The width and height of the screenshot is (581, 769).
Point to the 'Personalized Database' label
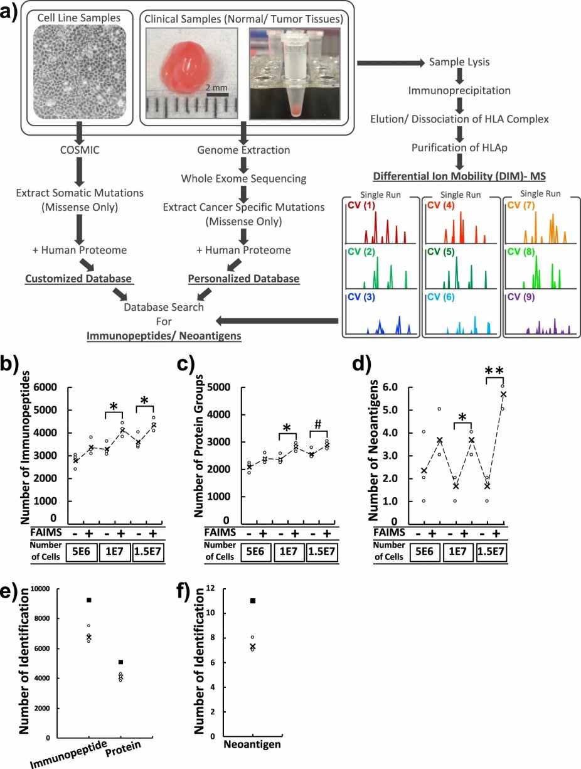tap(243, 278)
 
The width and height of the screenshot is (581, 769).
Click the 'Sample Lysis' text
tap(459, 62)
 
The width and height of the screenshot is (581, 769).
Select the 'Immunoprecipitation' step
tap(459, 90)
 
